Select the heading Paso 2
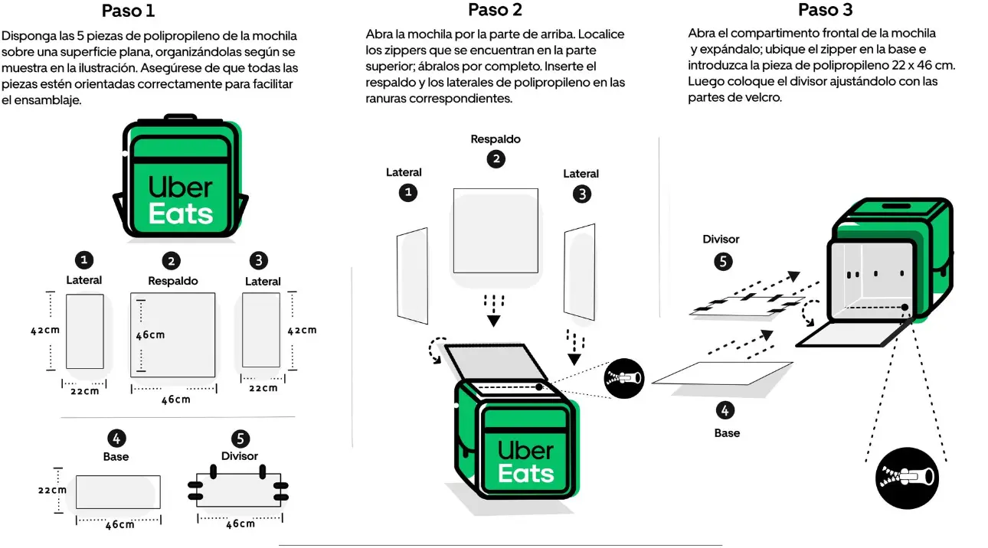495,10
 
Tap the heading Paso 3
825,10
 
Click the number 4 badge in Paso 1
116,439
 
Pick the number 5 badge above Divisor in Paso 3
723,262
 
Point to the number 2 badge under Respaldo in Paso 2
496,159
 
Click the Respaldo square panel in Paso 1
173,334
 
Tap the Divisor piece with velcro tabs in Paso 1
239,491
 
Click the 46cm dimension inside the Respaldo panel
151,335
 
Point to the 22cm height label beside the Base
53,490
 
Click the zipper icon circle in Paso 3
907,478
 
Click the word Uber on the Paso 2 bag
525,450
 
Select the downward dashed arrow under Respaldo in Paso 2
494,308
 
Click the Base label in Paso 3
727,433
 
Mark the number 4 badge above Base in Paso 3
725,410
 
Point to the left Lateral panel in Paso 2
411,274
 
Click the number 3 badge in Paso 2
582,194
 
